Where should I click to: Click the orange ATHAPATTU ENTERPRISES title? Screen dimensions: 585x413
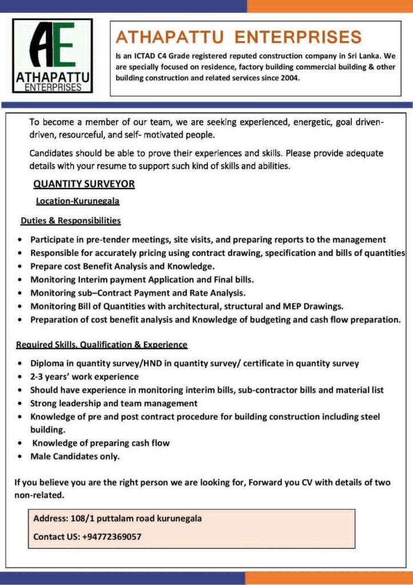point(239,38)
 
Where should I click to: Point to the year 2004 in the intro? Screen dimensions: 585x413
point(288,78)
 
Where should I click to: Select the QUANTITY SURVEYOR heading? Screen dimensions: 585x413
point(84,184)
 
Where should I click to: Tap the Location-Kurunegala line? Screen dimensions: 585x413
point(78,201)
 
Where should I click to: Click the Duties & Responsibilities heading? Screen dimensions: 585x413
point(71,220)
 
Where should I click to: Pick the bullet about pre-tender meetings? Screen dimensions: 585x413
point(208,240)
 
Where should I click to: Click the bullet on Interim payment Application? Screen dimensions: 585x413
point(142,280)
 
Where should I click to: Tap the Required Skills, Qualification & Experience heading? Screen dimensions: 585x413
point(102,344)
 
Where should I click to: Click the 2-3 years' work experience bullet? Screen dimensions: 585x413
point(85,376)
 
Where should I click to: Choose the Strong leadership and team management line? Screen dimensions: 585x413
point(114,403)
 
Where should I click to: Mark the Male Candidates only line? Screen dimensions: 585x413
point(75,456)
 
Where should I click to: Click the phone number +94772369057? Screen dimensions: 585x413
point(112,537)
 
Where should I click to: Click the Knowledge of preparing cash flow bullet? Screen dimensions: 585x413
point(101,443)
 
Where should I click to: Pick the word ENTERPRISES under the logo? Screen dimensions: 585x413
point(53,87)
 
